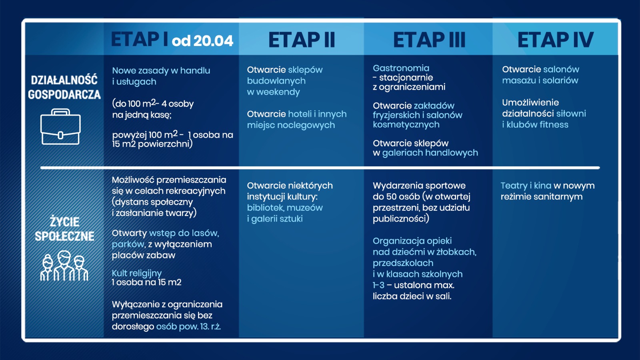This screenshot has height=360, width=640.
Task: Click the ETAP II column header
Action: click(x=302, y=40)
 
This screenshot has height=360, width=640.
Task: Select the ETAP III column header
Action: click(x=429, y=40)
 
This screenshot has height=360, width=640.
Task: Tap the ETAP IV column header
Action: click(x=555, y=40)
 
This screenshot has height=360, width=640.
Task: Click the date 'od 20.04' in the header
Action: click(x=202, y=41)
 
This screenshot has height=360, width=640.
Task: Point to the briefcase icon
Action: click(x=60, y=127)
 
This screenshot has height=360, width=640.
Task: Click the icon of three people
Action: click(x=64, y=266)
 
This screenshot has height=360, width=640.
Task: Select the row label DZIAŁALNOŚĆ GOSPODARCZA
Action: click(x=64, y=87)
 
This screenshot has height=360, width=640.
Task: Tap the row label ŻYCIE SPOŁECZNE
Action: click(x=64, y=229)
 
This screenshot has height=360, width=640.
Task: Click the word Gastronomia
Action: click(x=401, y=68)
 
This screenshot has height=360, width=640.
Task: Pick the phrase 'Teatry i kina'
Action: click(x=526, y=186)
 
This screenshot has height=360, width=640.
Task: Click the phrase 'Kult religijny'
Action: click(x=136, y=273)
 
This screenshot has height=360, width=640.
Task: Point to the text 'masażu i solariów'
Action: click(x=540, y=80)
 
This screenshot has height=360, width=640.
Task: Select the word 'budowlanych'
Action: click(x=276, y=81)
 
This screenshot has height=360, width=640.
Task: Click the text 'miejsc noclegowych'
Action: click(x=291, y=125)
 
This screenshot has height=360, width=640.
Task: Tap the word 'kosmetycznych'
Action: click(x=406, y=124)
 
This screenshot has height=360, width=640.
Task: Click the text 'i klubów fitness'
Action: click(x=535, y=125)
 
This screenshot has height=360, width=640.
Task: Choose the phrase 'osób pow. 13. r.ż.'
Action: click(x=188, y=326)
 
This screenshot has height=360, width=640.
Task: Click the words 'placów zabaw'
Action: click(x=143, y=255)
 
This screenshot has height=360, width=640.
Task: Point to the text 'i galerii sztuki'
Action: click(x=274, y=219)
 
